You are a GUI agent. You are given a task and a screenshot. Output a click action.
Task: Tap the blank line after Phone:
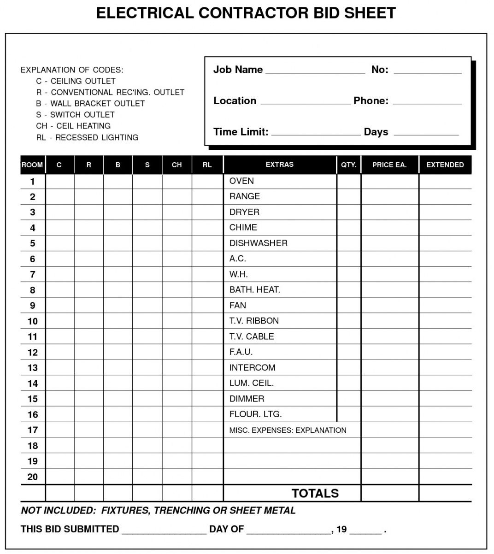[x=427, y=102]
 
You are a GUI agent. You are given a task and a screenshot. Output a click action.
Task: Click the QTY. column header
[x=348, y=165]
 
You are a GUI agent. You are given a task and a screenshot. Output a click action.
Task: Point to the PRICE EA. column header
[x=389, y=165]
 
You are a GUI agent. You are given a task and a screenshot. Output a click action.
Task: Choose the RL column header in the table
[x=207, y=165]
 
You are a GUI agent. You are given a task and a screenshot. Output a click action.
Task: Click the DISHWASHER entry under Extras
[x=258, y=243]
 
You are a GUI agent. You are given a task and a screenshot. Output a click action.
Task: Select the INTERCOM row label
[x=252, y=367]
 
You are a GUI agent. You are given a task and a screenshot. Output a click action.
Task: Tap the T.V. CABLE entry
[x=251, y=336]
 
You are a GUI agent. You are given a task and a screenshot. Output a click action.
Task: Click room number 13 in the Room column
[x=32, y=368]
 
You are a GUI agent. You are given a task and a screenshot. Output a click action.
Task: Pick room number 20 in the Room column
[x=32, y=477]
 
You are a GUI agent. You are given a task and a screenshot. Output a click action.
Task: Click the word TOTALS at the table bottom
[x=315, y=494]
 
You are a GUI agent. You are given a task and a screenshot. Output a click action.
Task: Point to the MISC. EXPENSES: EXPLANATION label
[x=288, y=430]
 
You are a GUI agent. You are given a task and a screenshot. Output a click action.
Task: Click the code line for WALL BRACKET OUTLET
[x=90, y=104]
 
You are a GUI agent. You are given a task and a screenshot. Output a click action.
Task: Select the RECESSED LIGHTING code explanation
[x=87, y=137]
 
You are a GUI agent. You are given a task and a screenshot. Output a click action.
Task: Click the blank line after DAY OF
[x=289, y=531]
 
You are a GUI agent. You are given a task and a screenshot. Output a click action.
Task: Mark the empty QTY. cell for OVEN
[x=348, y=181]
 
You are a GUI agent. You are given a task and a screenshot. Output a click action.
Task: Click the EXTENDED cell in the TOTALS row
[x=445, y=493]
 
